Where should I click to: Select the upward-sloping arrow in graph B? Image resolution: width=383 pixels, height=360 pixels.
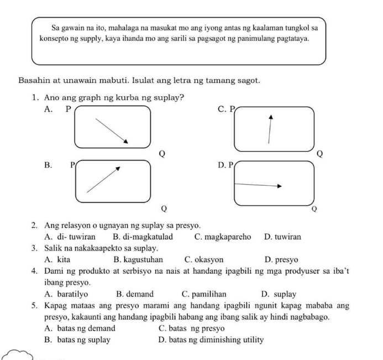(x=103, y=179)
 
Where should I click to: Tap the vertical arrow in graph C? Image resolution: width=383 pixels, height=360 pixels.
(x=270, y=129)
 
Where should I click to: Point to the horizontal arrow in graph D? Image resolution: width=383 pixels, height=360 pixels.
(x=258, y=185)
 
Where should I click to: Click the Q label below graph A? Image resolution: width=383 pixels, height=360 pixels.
(x=162, y=153)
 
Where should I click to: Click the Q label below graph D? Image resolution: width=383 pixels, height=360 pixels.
(x=314, y=209)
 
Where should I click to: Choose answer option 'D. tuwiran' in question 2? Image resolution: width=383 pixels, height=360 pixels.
(x=283, y=237)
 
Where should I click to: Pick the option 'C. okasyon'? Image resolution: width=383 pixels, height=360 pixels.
(x=204, y=259)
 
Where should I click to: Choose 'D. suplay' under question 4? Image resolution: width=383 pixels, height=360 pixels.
(x=279, y=294)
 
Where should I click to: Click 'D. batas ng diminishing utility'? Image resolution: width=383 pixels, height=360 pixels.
(x=211, y=340)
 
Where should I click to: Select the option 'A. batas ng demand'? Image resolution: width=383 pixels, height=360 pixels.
(x=80, y=328)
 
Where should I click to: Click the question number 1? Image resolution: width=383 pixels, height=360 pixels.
(x=35, y=98)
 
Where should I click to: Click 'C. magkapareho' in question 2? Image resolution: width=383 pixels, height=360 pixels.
(x=223, y=237)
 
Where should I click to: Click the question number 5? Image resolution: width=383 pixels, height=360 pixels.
(x=35, y=306)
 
